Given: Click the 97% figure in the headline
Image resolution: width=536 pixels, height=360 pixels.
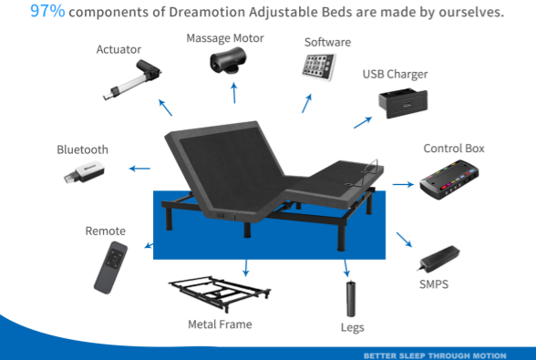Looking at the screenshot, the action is tap(47, 11).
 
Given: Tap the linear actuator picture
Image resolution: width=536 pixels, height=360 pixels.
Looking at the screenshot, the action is tap(132, 79).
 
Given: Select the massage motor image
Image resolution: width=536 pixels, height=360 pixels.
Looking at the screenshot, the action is tap(228, 60).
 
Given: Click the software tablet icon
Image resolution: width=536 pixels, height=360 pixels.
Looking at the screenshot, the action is tap(319, 67).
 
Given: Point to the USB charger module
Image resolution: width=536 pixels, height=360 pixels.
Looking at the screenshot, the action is tap(403, 103).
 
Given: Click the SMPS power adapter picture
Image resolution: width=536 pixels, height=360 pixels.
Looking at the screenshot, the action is tap(439, 258).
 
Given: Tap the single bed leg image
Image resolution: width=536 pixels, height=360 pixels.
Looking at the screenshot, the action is tap(351, 299).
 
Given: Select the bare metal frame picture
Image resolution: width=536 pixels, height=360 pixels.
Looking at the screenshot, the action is tap(220, 294).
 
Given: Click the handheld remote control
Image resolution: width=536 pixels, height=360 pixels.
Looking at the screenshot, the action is tap(111, 267).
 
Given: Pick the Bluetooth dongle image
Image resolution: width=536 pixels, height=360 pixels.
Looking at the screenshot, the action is tap(84, 172).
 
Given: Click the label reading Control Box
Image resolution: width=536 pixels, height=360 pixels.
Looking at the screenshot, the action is tap(454, 149).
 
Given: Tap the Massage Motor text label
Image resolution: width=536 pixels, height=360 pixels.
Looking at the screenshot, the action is tap(225, 38).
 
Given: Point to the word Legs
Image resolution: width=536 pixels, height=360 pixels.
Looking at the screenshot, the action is tap(353, 327).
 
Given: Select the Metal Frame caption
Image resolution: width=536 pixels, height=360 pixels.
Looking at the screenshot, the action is tap(221, 324).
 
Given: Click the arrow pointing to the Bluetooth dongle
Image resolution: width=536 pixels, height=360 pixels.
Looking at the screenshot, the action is tap(139, 169).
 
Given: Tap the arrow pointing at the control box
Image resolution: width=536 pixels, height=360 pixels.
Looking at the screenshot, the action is tap(403, 185).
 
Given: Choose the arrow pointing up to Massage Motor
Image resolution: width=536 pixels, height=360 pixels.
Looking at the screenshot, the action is tap(234, 93).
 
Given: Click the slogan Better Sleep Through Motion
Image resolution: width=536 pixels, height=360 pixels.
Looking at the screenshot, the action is tap(435, 355).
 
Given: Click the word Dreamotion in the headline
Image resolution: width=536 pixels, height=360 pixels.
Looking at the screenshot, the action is tap(207, 12).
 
